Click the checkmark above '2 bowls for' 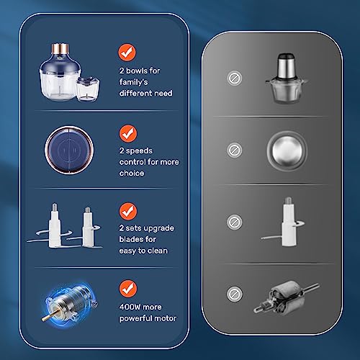click(127, 53)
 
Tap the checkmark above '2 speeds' click(128, 133)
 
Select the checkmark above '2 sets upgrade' click(128, 212)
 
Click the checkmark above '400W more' click(128, 289)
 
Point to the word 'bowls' click(136, 71)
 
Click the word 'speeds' click(139, 151)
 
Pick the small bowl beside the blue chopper click(88, 89)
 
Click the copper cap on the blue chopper click(60, 48)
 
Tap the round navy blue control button click(69, 150)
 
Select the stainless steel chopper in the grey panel click(286, 78)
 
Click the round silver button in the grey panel click(287, 150)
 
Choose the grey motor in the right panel click(287, 297)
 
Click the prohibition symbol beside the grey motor click(235, 294)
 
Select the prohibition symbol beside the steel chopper click(235, 78)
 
